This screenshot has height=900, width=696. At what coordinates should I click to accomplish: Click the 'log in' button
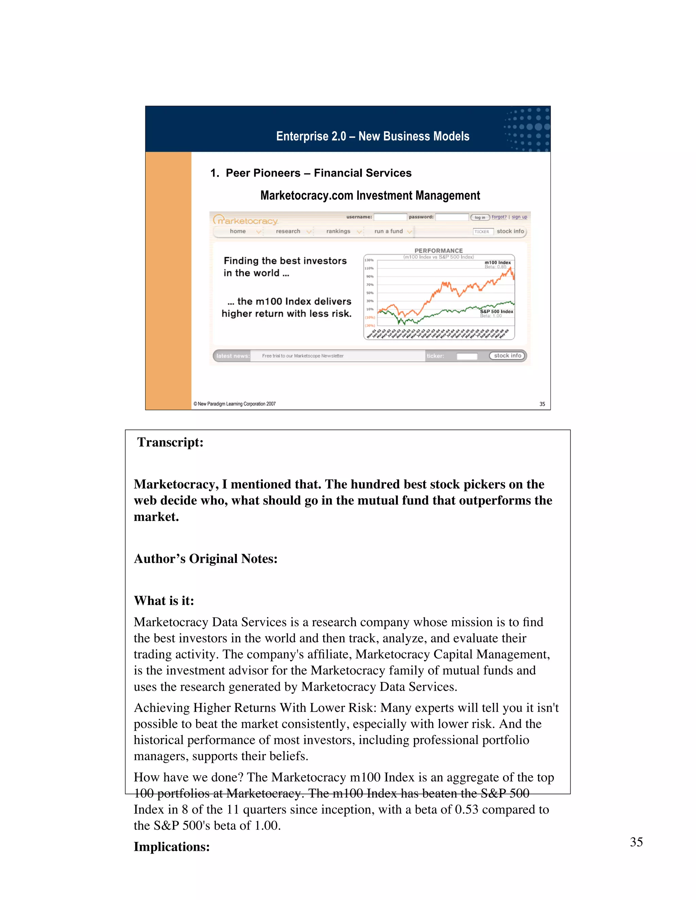tap(480, 217)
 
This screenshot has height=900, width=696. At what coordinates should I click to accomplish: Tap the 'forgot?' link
tap(499, 217)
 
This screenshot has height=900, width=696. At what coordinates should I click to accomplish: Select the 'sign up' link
tap(519, 217)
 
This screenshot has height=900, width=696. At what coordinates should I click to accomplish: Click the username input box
tap(390, 217)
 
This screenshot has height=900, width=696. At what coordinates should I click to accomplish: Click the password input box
tap(452, 217)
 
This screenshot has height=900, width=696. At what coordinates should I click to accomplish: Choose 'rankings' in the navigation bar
tap(338, 231)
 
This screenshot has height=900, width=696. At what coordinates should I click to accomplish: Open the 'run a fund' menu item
tap(388, 231)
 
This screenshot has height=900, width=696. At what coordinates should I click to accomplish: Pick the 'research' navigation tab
tap(288, 231)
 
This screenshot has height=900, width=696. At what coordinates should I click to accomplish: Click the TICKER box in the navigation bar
tap(483, 232)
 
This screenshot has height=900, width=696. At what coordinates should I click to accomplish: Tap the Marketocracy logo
tap(246, 220)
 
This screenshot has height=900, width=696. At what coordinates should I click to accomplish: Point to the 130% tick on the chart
tap(369, 260)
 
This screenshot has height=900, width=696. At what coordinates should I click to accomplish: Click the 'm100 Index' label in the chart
tap(498, 263)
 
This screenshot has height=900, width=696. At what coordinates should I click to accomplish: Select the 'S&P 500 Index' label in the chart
tap(497, 311)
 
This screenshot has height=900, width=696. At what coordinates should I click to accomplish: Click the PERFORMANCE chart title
tap(438, 251)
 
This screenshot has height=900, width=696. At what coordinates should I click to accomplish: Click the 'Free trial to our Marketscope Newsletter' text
tap(303, 356)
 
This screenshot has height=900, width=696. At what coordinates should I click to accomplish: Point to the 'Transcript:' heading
tap(170, 442)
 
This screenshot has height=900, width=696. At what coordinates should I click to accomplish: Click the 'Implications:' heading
tap(172, 846)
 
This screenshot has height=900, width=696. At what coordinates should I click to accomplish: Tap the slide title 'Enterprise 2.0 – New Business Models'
tap(373, 137)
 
